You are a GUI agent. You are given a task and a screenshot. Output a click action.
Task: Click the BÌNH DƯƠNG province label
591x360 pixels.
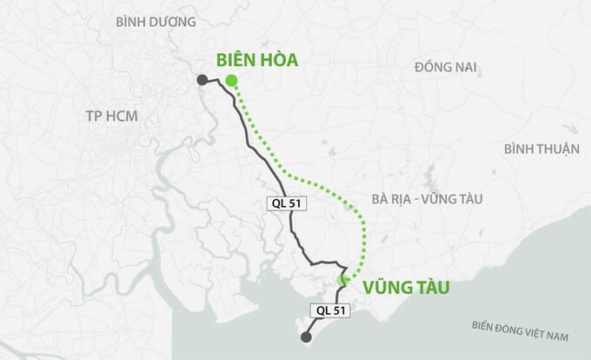(x=156, y=21)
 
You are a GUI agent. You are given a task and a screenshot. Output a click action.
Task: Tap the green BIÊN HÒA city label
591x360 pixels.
(x=256, y=60)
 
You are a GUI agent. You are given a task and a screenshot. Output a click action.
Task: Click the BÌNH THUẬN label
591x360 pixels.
(x=541, y=149)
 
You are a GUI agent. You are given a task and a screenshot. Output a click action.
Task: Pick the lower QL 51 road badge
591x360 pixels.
(x=329, y=309)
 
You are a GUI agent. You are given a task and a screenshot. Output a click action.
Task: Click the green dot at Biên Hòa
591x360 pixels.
(x=230, y=81)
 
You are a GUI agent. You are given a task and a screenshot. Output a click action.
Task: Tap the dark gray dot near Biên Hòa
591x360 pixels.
(x=202, y=80)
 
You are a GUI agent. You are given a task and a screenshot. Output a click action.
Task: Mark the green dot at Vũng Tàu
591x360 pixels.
(x=342, y=279)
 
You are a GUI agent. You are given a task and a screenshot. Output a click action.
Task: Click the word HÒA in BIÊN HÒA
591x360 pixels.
(x=278, y=60)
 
